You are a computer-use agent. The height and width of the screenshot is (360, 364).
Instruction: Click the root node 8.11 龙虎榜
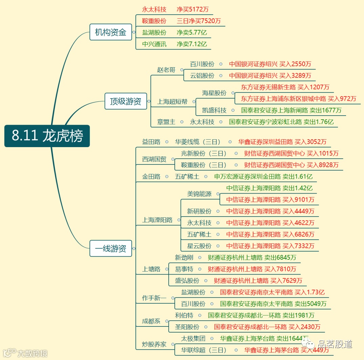pyautogui.click(x=47, y=136)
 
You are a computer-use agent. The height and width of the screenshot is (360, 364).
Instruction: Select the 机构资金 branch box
pyautogui.click(x=111, y=32)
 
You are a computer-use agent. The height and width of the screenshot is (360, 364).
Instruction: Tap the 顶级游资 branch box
pyautogui.click(x=126, y=101)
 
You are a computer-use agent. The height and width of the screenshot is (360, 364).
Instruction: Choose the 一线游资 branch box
pyautogui.click(x=111, y=248)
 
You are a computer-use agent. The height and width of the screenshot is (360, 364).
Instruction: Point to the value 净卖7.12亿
pyautogui.click(x=192, y=44)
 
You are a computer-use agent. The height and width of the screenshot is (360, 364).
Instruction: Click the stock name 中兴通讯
pyautogui.click(x=154, y=44)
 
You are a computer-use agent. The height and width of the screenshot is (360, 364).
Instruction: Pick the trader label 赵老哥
pyautogui.click(x=166, y=70)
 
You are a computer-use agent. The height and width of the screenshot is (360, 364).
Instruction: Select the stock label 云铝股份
pyautogui.click(x=202, y=76)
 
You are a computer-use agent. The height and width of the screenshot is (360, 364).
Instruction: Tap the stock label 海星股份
pyautogui.click(x=214, y=93)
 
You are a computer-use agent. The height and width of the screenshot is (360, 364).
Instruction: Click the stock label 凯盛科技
pyautogui.click(x=214, y=111)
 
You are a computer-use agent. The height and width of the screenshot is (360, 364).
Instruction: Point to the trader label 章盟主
pyautogui.click(x=166, y=122)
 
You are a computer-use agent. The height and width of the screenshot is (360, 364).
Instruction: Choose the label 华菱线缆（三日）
pyautogui.click(x=198, y=142)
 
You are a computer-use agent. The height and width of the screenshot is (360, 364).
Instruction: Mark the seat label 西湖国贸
pyautogui.click(x=154, y=159)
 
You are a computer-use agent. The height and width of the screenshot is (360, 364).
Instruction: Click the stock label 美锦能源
pyautogui.click(x=199, y=194)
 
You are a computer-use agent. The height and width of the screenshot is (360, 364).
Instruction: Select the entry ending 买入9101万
pyautogui.click(x=270, y=200)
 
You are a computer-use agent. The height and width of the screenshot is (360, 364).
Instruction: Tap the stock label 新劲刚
pyautogui.click(x=184, y=258)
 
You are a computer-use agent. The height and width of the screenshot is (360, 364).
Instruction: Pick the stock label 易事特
pyautogui.click(x=184, y=269)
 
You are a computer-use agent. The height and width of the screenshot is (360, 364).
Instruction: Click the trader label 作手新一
pyautogui.click(x=154, y=298)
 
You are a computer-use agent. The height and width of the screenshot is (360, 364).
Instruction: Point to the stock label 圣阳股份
pyautogui.click(x=187, y=327)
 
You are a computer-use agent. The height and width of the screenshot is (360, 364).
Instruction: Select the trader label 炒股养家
pyautogui.click(x=154, y=344)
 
